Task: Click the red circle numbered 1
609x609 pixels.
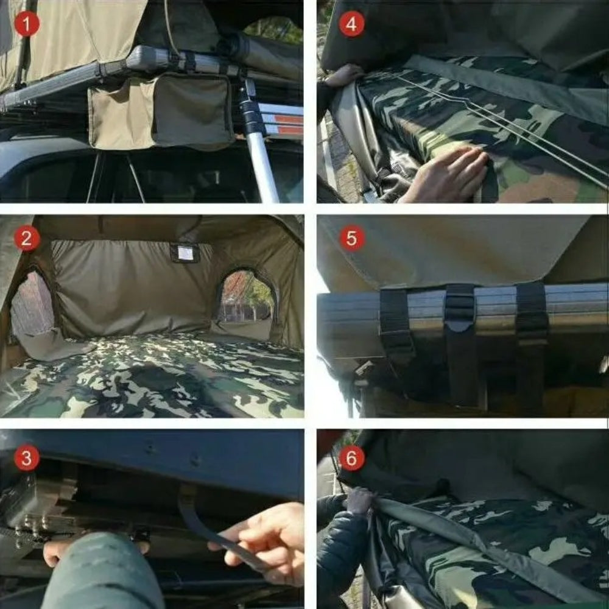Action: click(26, 24)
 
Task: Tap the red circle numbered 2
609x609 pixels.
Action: click(26, 238)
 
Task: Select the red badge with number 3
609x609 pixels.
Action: click(26, 458)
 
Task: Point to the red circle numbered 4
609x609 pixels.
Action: click(351, 24)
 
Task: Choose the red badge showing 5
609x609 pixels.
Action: click(351, 238)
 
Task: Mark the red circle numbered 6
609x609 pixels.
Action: click(351, 458)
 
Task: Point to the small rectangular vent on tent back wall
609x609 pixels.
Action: click(185, 253)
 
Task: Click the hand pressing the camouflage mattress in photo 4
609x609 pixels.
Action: click(448, 174)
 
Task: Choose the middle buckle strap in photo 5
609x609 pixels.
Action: click(460, 311)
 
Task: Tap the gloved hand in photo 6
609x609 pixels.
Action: click(359, 502)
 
